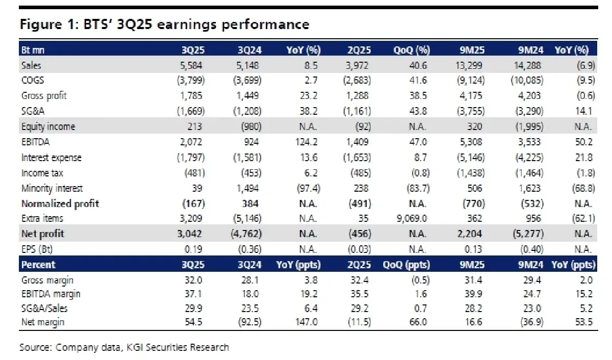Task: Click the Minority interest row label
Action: pos(52,188)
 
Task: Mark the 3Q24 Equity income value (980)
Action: pos(248,127)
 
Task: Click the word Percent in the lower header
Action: pos(38,265)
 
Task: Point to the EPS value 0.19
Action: pos(196,249)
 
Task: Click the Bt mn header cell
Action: pos(33,50)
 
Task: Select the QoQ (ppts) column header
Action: pos(406,265)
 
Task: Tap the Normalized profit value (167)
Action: pos(194,203)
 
